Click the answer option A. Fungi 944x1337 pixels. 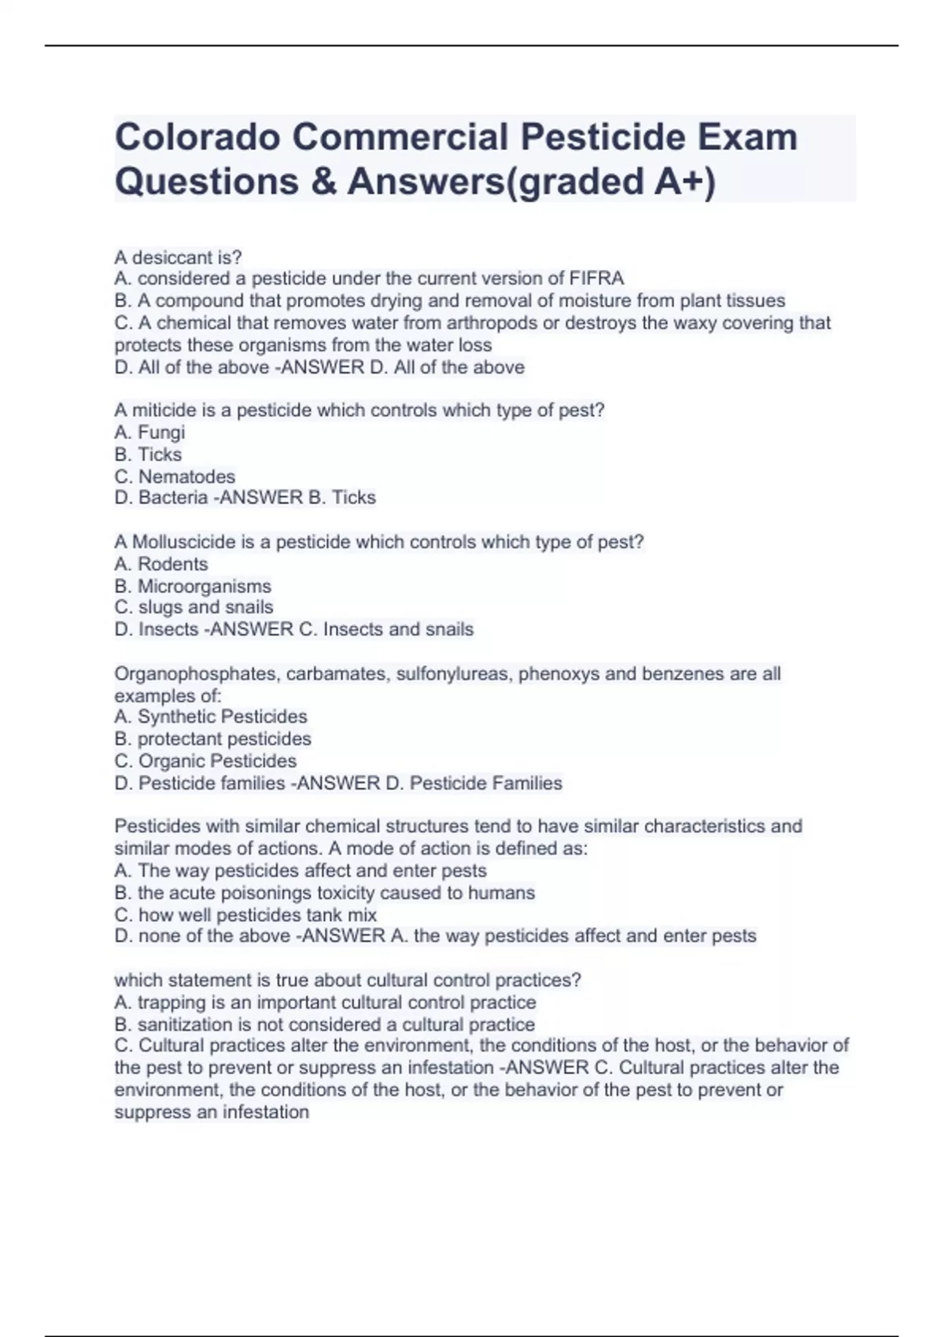click(149, 432)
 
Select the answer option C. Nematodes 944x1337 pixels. click(175, 477)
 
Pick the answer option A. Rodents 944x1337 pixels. click(161, 564)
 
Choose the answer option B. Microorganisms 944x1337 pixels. click(193, 586)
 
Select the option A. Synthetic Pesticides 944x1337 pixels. click(211, 716)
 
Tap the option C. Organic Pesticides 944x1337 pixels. click(205, 761)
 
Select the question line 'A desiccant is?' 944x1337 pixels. click(179, 257)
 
